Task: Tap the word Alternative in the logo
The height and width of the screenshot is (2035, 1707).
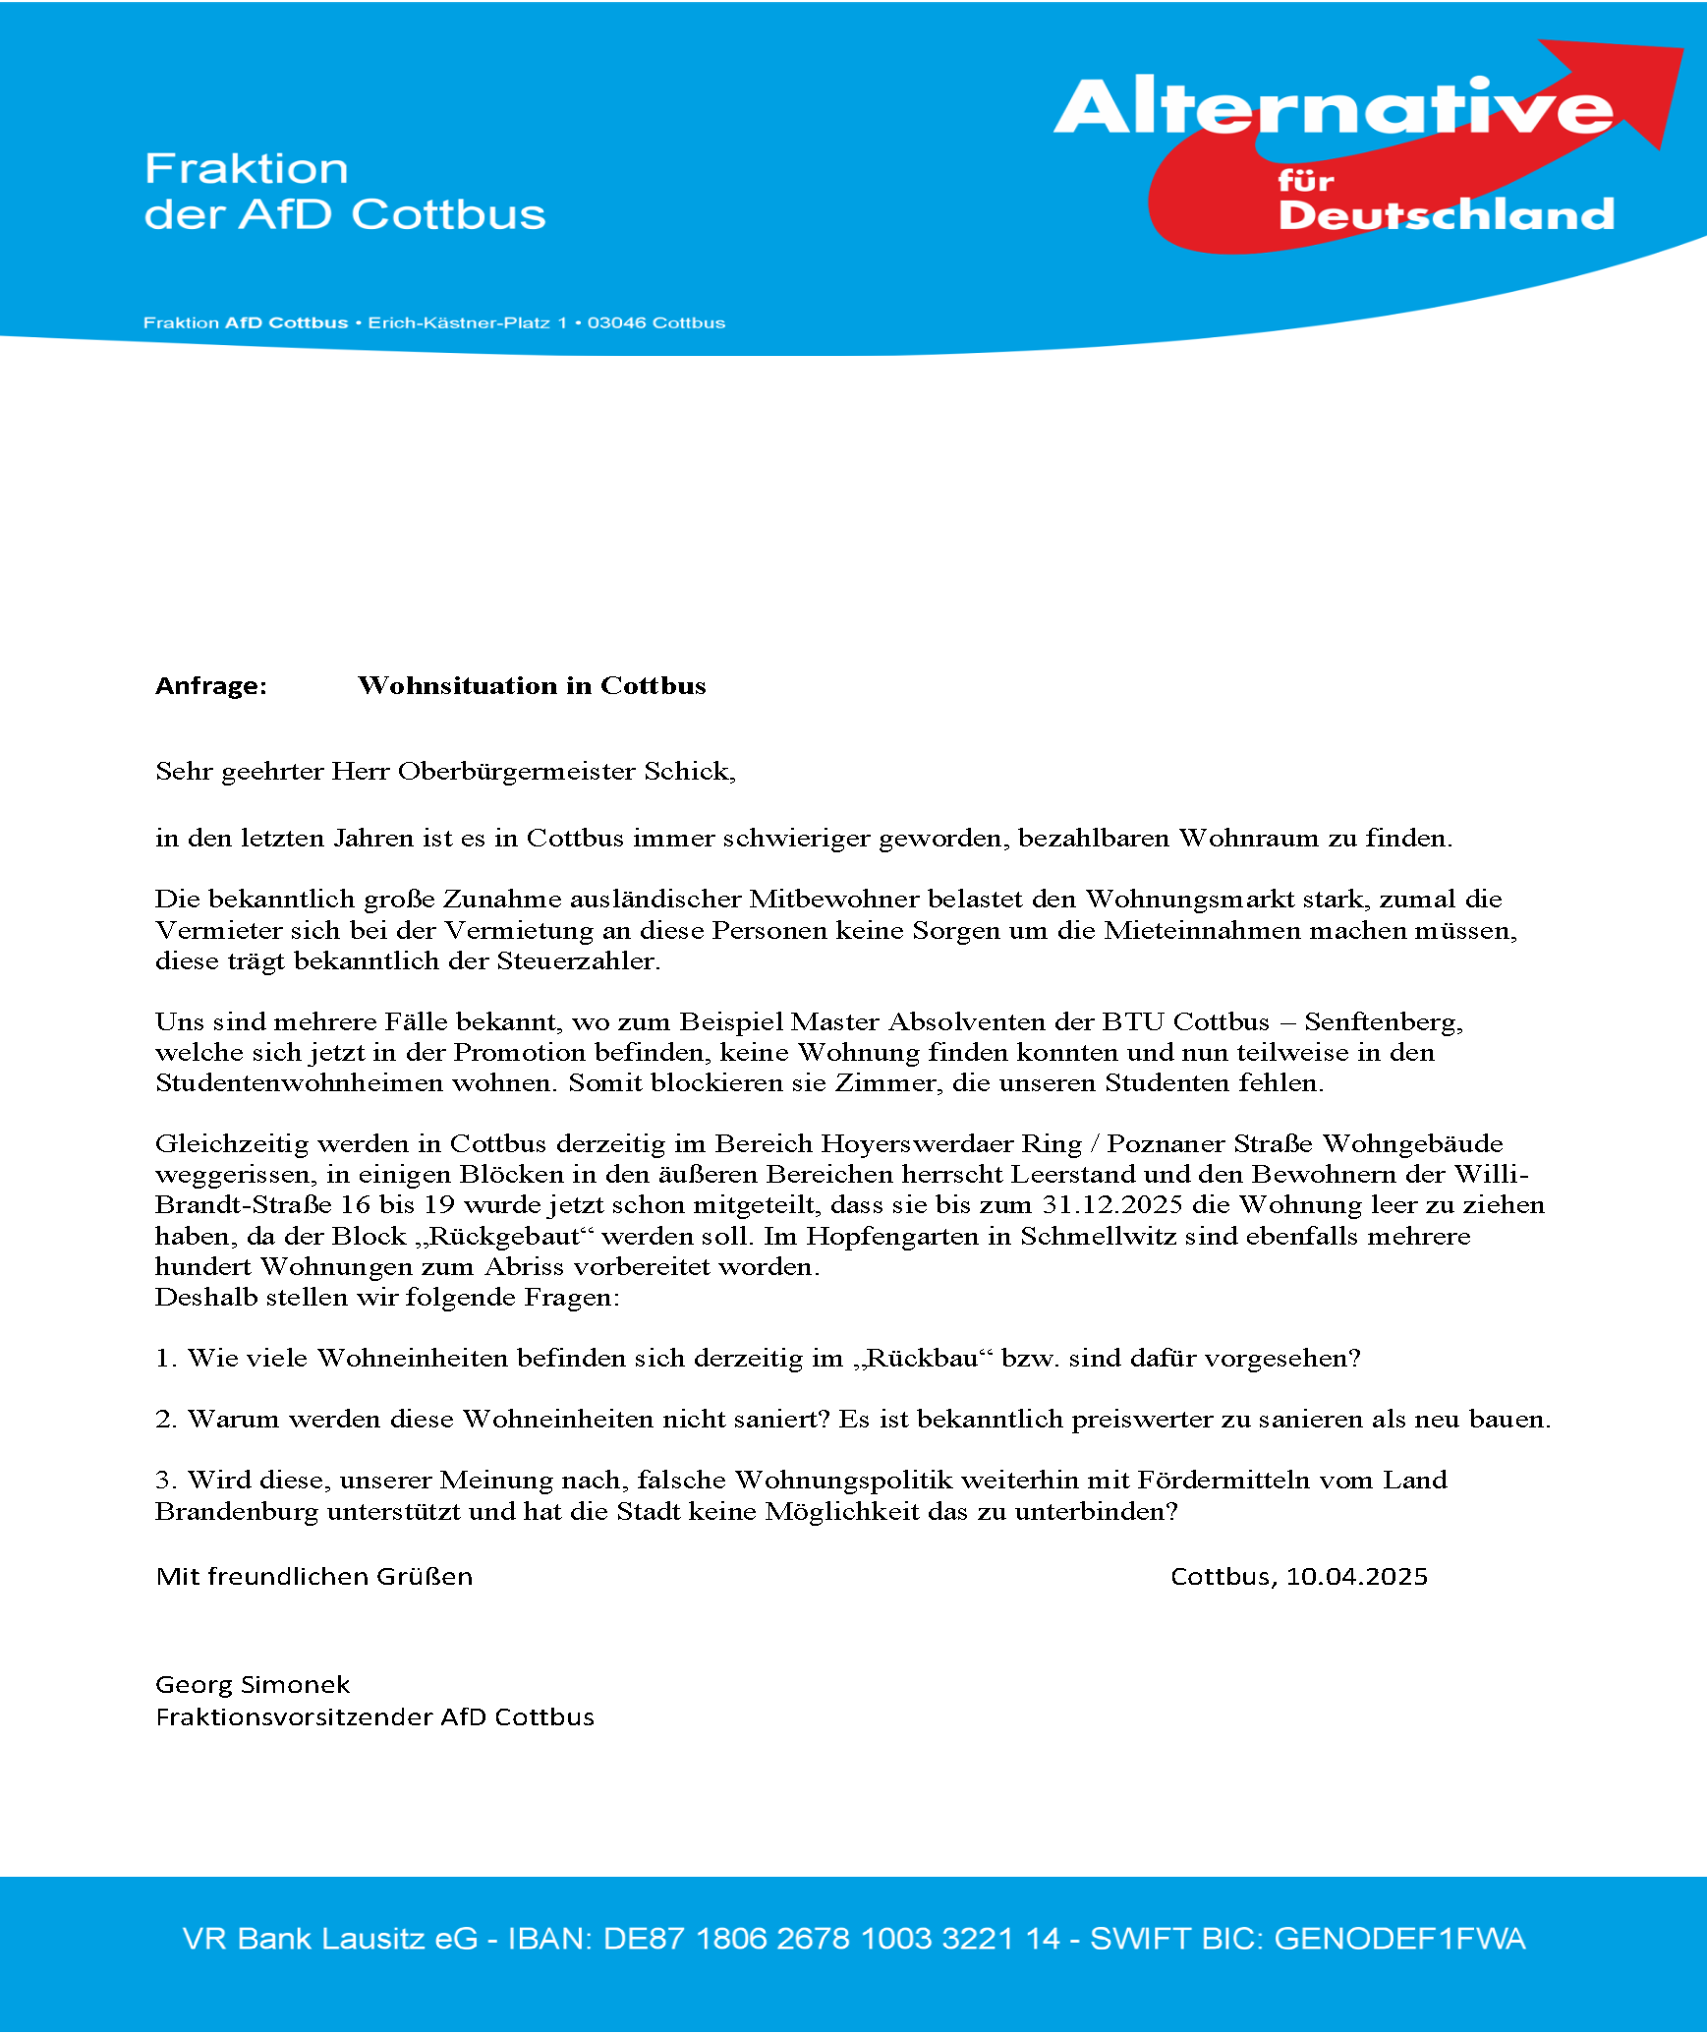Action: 1332,108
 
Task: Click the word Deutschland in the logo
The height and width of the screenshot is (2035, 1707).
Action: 1446,214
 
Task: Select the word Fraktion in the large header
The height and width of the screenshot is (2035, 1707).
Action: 247,169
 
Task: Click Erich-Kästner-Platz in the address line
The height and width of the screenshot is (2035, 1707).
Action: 458,322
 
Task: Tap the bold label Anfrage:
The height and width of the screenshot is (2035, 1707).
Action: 211,685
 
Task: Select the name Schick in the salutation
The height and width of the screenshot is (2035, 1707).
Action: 687,771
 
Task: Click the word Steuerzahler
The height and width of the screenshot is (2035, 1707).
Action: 577,960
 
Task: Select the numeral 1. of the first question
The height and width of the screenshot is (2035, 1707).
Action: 165,1358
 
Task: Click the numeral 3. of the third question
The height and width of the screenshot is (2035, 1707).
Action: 165,1480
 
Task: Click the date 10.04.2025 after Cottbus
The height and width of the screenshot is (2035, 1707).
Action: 1356,1577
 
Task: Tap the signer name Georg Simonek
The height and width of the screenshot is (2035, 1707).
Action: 253,1685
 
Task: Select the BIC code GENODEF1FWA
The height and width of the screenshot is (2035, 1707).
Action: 1399,1939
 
